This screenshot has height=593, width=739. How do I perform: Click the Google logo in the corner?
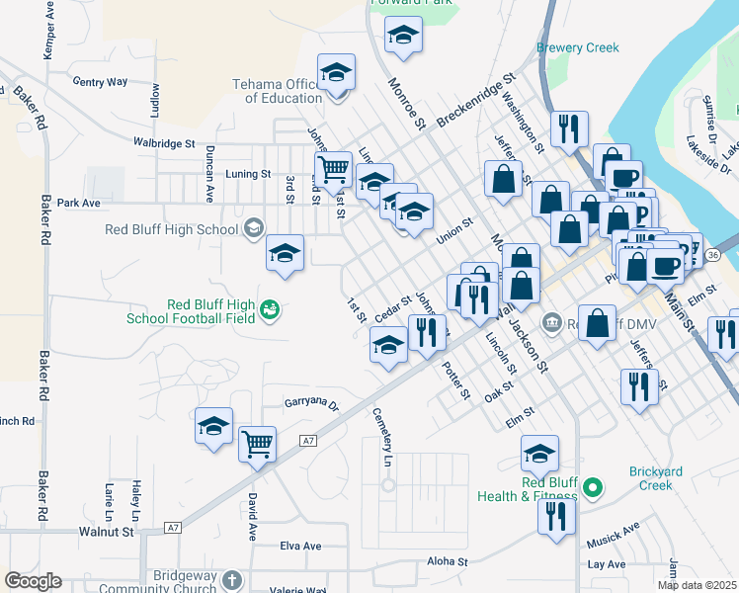33,581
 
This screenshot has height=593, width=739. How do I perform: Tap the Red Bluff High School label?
173,230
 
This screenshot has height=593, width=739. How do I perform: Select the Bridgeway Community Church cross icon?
231,580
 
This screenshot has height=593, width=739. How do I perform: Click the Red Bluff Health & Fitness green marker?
593,486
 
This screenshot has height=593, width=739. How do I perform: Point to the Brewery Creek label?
578,47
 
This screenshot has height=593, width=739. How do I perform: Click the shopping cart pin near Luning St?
334,169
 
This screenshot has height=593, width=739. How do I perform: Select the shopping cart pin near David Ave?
257,444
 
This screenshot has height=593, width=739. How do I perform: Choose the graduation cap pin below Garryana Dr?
213,426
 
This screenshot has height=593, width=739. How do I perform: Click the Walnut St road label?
106,532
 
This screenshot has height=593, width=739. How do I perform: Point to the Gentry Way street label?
100,82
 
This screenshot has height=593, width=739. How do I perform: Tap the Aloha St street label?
447,561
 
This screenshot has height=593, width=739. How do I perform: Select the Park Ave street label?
79,203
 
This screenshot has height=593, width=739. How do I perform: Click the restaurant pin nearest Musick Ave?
557,517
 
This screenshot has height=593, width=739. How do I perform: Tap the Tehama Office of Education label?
278,91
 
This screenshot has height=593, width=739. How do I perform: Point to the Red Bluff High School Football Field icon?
269,311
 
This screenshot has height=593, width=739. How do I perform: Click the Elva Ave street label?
300,546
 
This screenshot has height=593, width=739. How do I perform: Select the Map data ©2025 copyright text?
697,585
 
